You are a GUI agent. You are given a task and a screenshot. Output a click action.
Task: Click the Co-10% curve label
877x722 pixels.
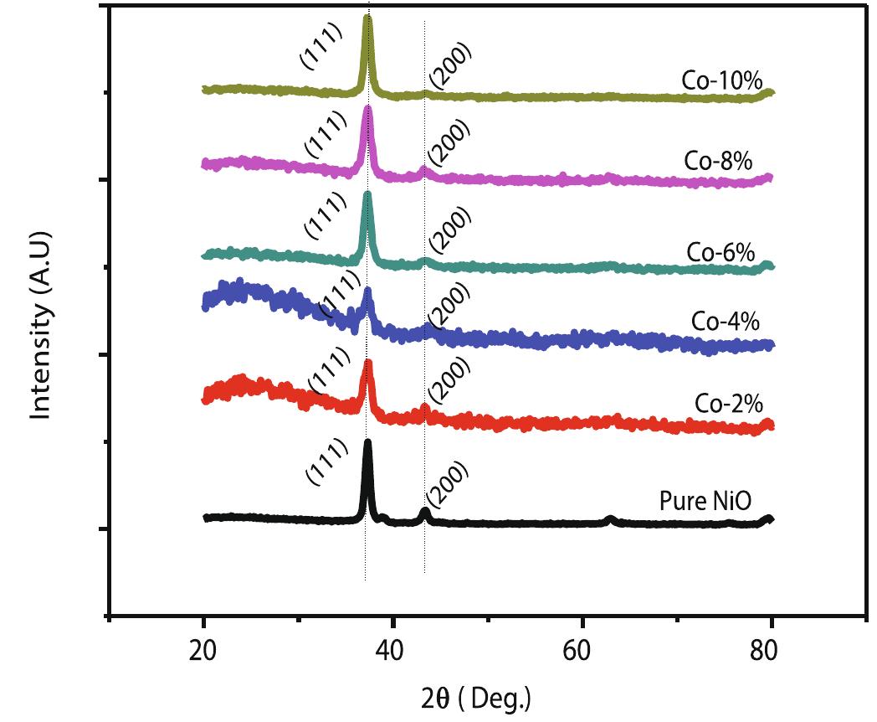click(x=721, y=81)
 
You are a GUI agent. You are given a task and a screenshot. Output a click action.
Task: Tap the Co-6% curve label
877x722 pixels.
click(x=721, y=250)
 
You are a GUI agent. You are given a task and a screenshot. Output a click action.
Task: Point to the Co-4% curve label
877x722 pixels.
click(x=726, y=321)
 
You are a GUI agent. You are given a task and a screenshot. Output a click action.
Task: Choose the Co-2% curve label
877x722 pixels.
click(x=729, y=403)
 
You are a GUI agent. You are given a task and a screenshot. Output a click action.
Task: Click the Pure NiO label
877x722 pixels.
click(x=705, y=502)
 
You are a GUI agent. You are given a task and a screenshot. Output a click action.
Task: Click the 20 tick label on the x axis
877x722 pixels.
click(x=203, y=650)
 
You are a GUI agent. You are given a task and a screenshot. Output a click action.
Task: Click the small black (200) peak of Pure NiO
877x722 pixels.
click(x=425, y=512)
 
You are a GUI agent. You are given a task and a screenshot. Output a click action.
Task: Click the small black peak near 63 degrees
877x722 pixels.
click(x=611, y=519)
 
